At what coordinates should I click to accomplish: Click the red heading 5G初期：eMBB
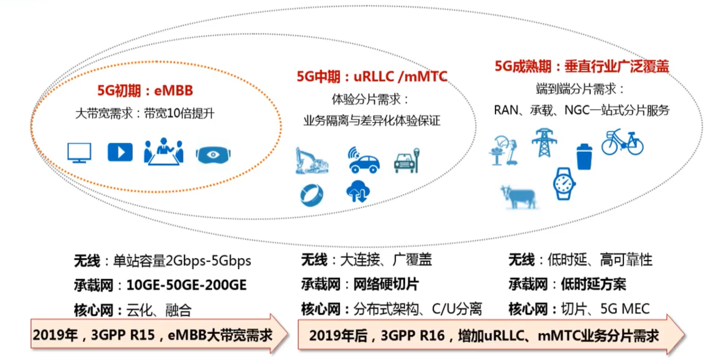(145, 91)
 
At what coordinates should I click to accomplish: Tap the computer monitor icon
(79, 153)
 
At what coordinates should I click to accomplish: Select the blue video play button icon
(120, 152)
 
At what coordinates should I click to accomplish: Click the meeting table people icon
(164, 152)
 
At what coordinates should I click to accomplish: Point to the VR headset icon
(213, 155)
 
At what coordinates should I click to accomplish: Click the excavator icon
(311, 161)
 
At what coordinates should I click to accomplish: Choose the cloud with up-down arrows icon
(358, 192)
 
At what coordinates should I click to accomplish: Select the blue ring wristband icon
(311, 195)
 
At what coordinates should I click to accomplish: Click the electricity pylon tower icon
(544, 143)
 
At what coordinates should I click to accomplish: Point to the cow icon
(518, 197)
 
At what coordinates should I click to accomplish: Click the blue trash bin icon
(584, 157)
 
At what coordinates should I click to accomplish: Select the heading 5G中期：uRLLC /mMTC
(372, 77)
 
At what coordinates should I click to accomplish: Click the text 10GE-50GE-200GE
(186, 285)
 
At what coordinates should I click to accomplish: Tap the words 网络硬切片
(386, 284)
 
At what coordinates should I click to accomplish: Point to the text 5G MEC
(625, 309)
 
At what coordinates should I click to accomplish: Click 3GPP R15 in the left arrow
(123, 335)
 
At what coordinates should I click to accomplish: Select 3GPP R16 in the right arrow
(412, 335)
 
